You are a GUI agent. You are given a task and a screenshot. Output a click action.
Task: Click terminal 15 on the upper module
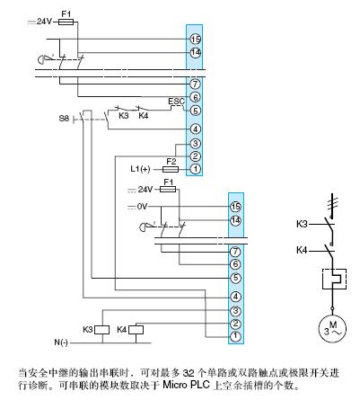(196, 39)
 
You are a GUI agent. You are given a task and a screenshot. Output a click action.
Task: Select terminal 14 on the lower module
(235, 220)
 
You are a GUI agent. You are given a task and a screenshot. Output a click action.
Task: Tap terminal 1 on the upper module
(196, 169)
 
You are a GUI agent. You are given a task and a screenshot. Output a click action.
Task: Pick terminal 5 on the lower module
(235, 278)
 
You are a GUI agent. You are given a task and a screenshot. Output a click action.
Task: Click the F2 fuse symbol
(171, 170)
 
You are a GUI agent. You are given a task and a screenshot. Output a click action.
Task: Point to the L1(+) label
(140, 169)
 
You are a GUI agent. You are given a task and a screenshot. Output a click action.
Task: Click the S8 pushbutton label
(64, 119)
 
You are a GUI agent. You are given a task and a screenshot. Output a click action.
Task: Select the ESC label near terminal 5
(176, 102)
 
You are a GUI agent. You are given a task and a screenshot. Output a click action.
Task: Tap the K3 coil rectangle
(102, 330)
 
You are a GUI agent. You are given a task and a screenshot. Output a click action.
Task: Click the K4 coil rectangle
(136, 330)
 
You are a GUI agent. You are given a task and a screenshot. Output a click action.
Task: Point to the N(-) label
(61, 342)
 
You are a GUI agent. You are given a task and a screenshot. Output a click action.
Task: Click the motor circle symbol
(332, 328)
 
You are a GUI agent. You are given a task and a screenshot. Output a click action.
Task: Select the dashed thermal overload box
(334, 280)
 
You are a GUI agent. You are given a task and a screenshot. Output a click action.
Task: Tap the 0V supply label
(142, 207)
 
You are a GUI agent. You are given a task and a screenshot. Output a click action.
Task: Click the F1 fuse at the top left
(66, 22)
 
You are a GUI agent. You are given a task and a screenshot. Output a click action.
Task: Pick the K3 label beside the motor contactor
(302, 224)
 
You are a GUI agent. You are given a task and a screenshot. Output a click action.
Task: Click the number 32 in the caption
(189, 373)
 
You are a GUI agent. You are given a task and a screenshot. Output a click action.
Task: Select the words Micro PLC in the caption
(186, 385)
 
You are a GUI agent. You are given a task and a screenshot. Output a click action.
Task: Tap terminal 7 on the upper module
(196, 84)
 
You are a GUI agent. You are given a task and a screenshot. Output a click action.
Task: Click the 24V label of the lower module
(145, 190)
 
